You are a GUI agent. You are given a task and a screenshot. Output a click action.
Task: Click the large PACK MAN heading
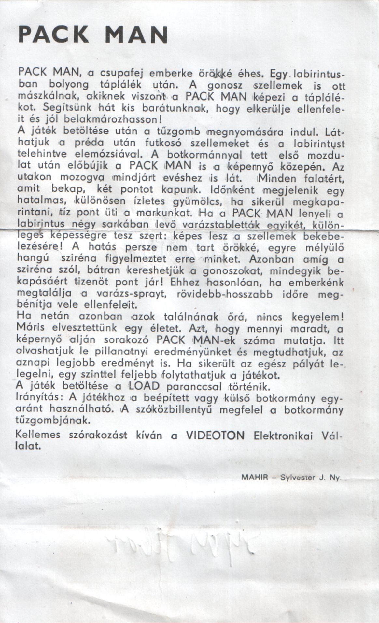(93, 34)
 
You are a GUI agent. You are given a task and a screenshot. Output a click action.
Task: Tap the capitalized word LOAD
(144, 387)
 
